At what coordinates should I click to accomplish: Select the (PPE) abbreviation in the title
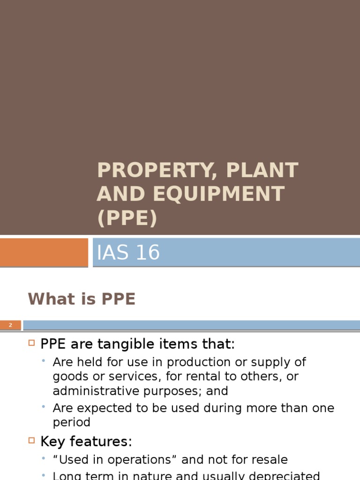pyautogui.click(x=127, y=218)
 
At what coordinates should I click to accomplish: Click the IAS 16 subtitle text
pyautogui.click(x=128, y=253)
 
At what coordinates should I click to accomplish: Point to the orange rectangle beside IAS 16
pyautogui.click(x=44, y=252)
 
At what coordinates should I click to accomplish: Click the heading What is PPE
pyautogui.click(x=82, y=299)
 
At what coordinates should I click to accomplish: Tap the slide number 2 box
pyautogui.click(x=10, y=325)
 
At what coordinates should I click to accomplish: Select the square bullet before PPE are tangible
pyautogui.click(x=32, y=344)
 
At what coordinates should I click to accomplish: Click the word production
pyautogui.click(x=196, y=362)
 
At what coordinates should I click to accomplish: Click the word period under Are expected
pyautogui.click(x=71, y=422)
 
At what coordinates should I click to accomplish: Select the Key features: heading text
pyautogui.click(x=86, y=442)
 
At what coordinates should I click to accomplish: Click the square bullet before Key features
pyautogui.click(x=32, y=441)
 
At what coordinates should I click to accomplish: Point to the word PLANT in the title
pyautogui.click(x=262, y=171)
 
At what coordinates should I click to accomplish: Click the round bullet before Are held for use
pyautogui.click(x=44, y=361)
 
